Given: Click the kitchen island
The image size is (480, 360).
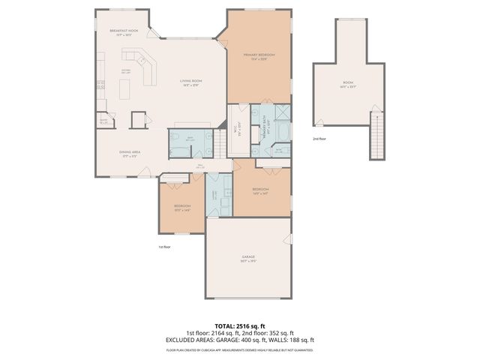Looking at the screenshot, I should (x=125, y=89).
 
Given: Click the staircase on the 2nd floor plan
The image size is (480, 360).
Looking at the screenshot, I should (x=377, y=135).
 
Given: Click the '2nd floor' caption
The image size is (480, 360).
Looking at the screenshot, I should (x=319, y=139).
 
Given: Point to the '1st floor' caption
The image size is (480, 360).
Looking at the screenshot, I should (x=164, y=247).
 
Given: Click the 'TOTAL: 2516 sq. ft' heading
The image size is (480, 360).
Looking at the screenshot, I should (x=239, y=326).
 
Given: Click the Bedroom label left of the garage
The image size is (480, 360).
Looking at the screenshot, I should (x=182, y=207).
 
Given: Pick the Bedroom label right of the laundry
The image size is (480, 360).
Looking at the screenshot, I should (x=260, y=190).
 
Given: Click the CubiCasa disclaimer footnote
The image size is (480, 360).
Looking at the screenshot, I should (x=239, y=349).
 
